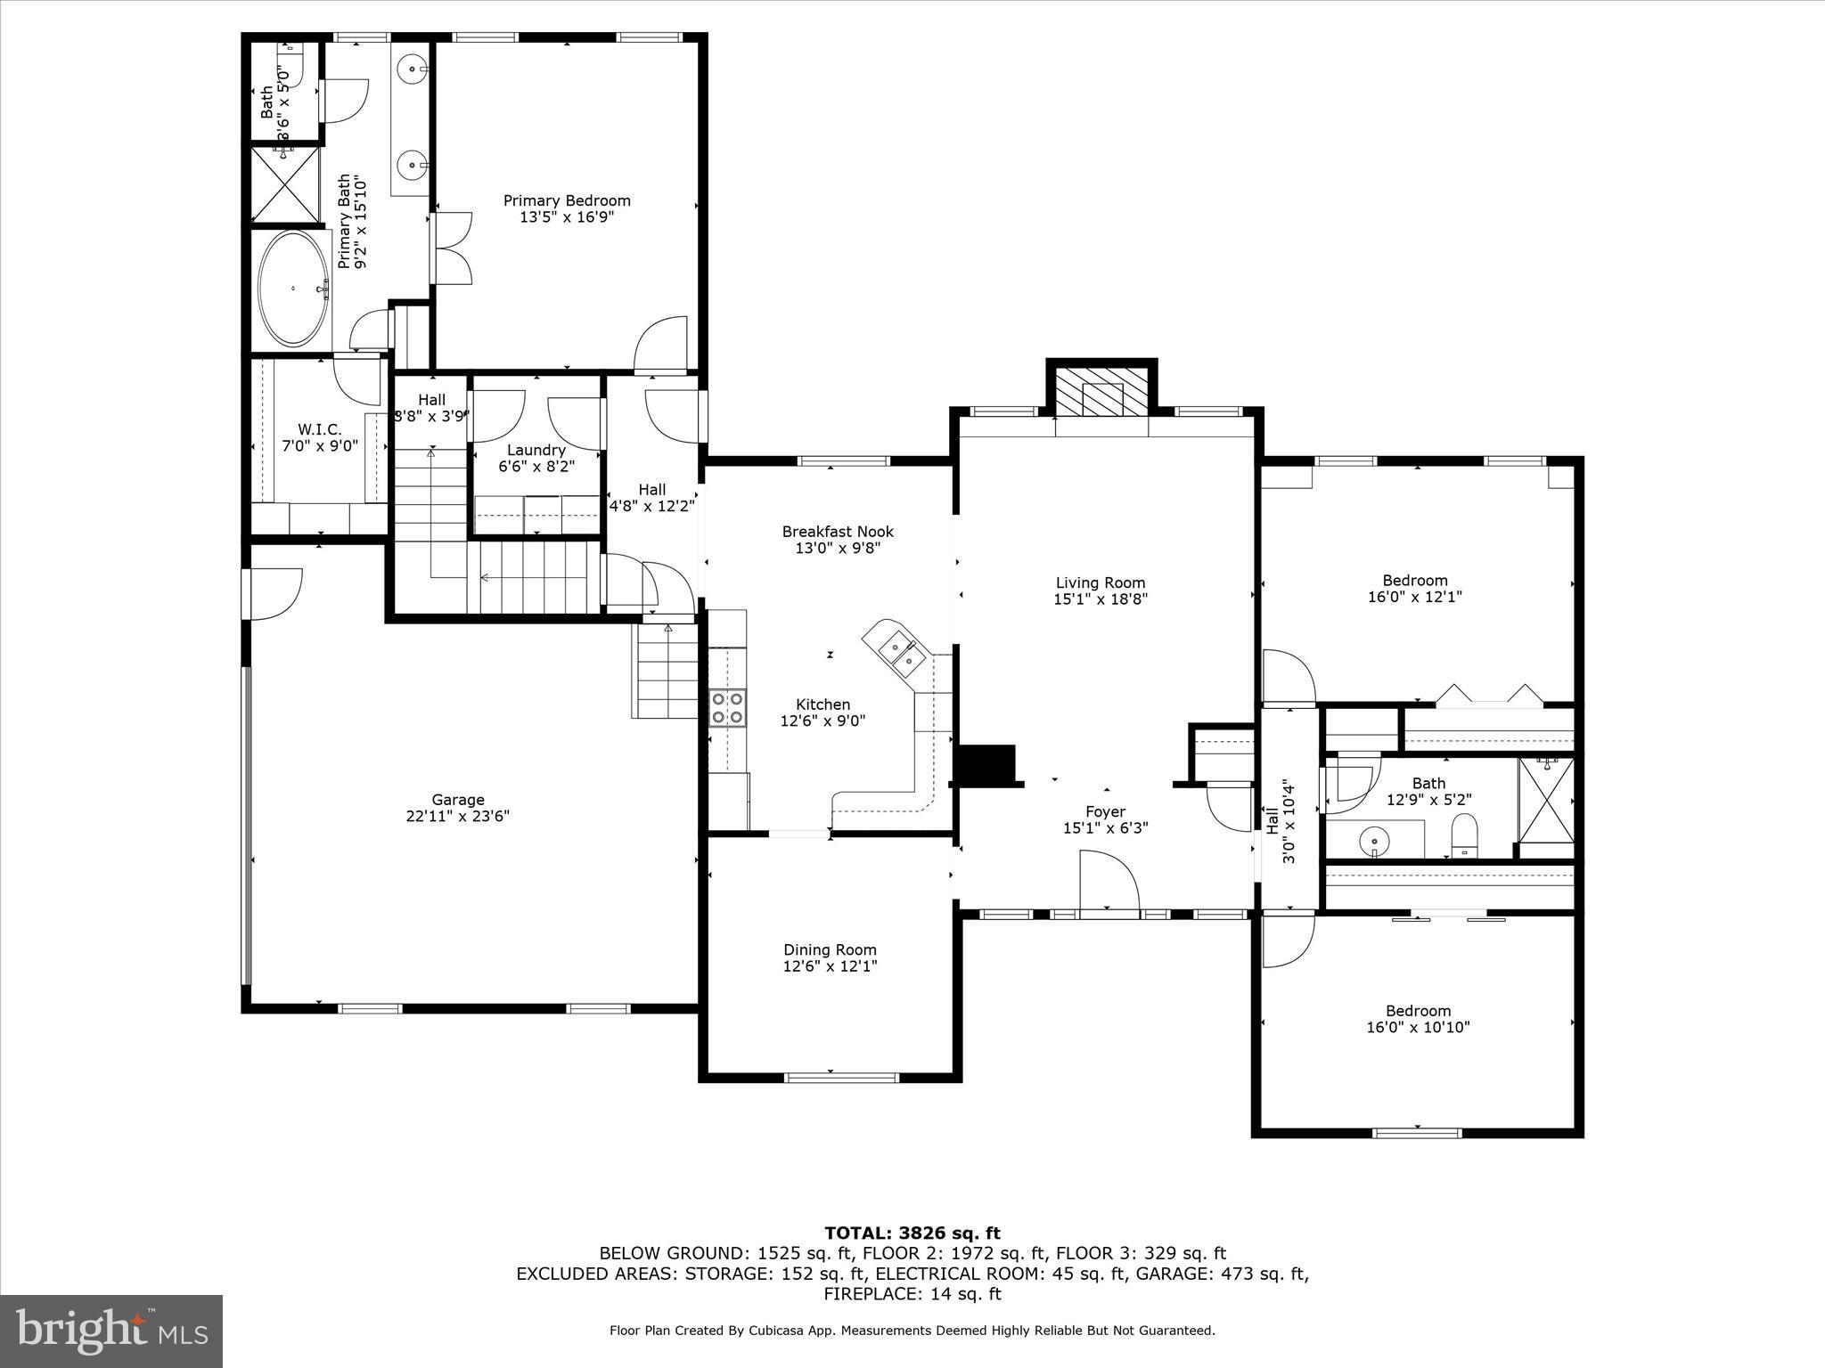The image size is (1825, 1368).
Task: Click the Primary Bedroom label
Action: [x=567, y=201]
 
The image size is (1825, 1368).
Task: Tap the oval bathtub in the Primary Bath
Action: [x=292, y=289]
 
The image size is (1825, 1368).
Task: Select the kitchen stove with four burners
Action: [x=727, y=708]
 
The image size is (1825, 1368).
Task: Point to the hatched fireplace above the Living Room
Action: [x=1101, y=393]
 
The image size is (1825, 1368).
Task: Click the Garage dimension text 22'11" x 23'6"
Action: [x=458, y=816]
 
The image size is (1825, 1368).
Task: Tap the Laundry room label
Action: [x=536, y=450]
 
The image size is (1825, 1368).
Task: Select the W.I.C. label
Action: [x=319, y=429]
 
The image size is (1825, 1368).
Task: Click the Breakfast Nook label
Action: [x=838, y=532]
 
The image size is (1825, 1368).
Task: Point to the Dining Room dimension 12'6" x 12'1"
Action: [x=831, y=966]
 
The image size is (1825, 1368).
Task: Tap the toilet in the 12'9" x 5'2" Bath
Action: [x=1464, y=838]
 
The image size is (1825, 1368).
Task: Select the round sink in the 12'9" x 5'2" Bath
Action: [x=1375, y=839]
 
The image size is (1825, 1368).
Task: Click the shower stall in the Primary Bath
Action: [x=283, y=184]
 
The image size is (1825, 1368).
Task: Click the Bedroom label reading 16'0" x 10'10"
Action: [x=1418, y=1011]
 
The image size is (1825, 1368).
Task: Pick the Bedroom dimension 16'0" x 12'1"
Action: [x=1415, y=597]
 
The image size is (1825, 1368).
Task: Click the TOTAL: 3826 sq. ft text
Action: [x=912, y=1234]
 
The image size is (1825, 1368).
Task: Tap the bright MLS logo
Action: [x=111, y=1331]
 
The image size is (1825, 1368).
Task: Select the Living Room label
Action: [x=1101, y=583]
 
